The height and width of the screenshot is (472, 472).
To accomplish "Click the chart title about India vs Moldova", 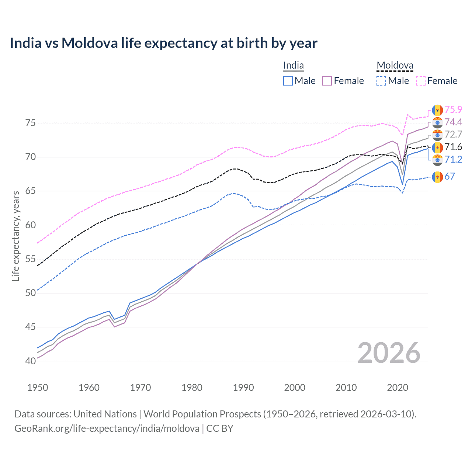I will (163, 43).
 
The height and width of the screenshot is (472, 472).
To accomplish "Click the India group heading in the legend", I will (294, 66).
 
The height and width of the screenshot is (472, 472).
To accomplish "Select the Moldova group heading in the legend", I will (395, 66).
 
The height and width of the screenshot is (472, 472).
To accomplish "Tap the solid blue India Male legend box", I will (288, 81).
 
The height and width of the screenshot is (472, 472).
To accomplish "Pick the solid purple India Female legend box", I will (327, 81).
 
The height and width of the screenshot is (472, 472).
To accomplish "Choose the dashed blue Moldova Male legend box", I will (381, 81).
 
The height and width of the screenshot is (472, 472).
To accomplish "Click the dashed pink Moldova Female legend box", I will (421, 81).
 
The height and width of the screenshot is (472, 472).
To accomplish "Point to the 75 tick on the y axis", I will (31, 123).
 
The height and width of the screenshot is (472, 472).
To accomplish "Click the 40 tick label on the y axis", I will (31, 361).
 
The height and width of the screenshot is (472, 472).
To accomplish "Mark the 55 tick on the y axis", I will (31, 259).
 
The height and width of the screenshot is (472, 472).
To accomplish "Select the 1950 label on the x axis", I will (38, 388).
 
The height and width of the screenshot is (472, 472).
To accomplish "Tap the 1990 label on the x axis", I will (243, 388).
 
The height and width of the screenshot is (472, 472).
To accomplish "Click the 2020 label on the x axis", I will (398, 388).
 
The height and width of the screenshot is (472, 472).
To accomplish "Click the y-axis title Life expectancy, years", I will (15, 236).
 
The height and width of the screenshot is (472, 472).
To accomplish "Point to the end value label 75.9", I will (453, 110).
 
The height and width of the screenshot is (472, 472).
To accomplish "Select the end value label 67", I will (450, 177).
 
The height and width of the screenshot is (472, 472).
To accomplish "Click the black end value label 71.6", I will (453, 147).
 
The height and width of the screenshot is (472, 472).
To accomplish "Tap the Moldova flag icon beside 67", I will (437, 177).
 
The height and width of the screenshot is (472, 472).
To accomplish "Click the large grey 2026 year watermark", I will (389, 353).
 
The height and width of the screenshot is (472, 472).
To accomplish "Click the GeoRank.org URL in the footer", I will (107, 428).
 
